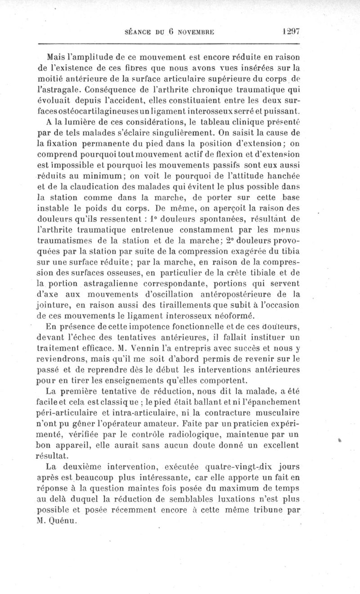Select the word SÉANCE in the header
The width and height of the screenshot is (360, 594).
point(137,32)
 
